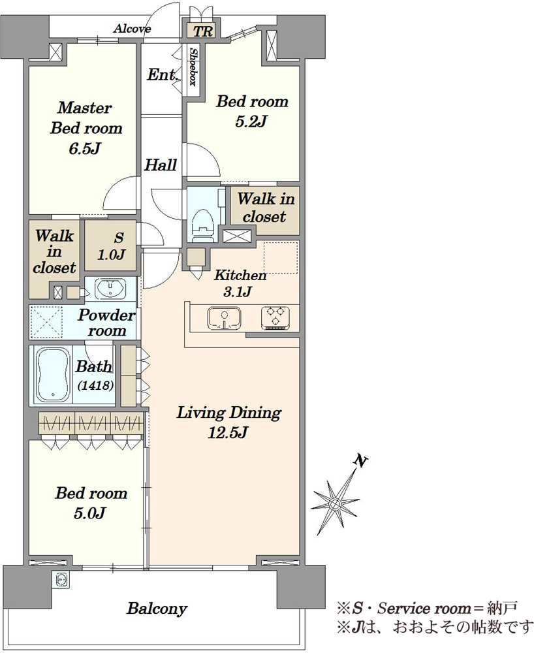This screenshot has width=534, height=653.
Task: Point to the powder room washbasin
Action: [110, 288]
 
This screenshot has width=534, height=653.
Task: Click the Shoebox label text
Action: [193, 67]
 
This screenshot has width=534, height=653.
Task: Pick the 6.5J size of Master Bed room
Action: [84, 149]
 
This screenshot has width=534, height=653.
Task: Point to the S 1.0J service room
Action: [110, 246]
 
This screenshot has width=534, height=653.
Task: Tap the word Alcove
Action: [132, 29]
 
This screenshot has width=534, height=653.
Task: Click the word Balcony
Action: [157, 609]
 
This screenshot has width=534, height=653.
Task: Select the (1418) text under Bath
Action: [95, 385]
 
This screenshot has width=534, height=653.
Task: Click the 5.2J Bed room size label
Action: [251, 121]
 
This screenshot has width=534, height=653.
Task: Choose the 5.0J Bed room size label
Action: [89, 513]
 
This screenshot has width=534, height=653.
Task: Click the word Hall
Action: [161, 165]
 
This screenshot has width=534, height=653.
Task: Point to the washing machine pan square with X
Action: [46, 322]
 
